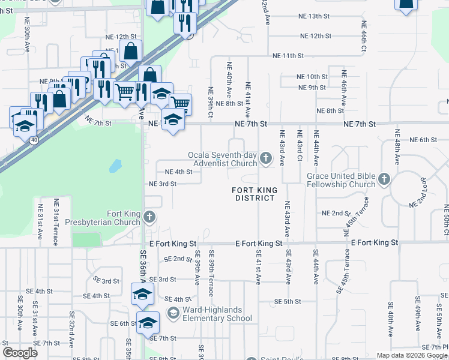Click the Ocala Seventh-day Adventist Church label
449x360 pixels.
point(222,158)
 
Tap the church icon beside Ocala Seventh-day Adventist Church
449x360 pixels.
point(265,158)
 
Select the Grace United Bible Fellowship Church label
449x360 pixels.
point(341,180)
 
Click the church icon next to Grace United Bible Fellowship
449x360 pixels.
point(384,179)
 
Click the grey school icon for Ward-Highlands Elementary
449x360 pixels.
point(173,313)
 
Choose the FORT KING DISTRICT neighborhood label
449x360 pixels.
point(256,194)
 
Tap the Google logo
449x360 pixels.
point(20,352)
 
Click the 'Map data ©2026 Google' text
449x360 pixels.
point(411,355)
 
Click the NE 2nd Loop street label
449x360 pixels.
point(422,193)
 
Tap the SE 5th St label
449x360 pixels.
point(287,301)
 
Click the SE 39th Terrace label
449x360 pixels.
point(211,274)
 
